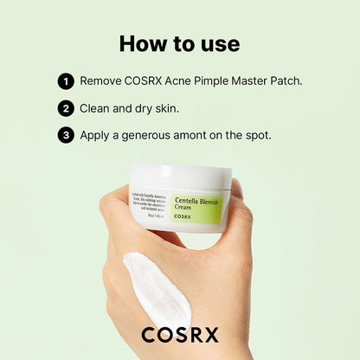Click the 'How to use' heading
179,43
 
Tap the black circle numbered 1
66,81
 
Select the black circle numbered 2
66,108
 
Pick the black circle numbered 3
66,135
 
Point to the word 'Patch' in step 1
284,81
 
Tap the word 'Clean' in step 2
98,108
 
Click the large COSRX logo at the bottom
180,334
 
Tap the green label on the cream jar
197,208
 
